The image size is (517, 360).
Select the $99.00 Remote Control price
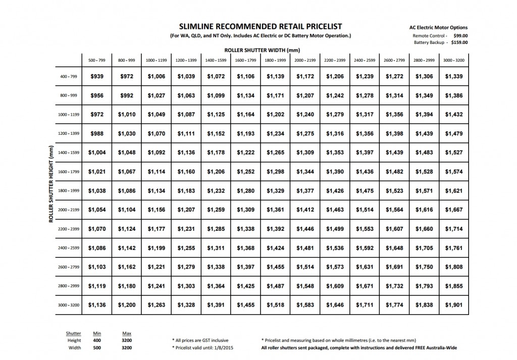coord(460,36)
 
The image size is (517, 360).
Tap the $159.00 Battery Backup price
coord(459,42)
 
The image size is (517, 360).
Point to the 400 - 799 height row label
coord(69,76)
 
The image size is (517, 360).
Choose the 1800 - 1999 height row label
coord(69,190)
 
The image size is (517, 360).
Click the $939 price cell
coord(96,76)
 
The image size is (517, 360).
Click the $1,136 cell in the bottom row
coord(96,305)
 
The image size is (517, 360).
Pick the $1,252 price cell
coord(245,172)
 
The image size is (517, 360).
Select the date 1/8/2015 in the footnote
coord(225,348)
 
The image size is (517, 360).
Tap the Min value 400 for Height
coord(97,341)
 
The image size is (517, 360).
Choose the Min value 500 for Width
coord(97,348)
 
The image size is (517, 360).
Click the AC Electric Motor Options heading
coord(438,28)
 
